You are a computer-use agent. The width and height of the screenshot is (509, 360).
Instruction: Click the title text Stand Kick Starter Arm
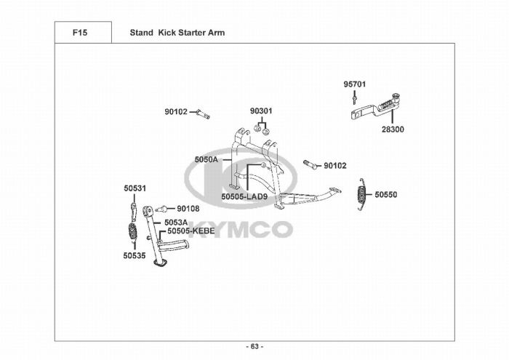(177, 33)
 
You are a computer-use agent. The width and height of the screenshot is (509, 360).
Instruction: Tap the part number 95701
(354, 84)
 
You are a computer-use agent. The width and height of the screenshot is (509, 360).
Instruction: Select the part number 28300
(393, 129)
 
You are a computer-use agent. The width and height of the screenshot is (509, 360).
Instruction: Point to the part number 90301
(261, 111)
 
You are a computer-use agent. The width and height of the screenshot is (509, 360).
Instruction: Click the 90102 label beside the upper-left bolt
(176, 112)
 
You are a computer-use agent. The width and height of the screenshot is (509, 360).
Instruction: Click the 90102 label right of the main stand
(335, 166)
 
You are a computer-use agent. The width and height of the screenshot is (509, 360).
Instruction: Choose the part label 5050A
(206, 159)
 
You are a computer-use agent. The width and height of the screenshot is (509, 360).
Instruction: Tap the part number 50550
(387, 195)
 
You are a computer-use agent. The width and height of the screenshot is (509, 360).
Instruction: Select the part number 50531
(135, 188)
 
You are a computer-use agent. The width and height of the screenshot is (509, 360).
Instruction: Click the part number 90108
(188, 209)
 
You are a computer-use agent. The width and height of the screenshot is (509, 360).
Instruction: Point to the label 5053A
(175, 222)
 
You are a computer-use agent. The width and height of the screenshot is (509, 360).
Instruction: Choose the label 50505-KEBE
(191, 231)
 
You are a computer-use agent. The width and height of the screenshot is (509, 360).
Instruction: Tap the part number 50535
(135, 255)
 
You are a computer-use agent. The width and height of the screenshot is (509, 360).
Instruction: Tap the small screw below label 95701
(354, 97)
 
